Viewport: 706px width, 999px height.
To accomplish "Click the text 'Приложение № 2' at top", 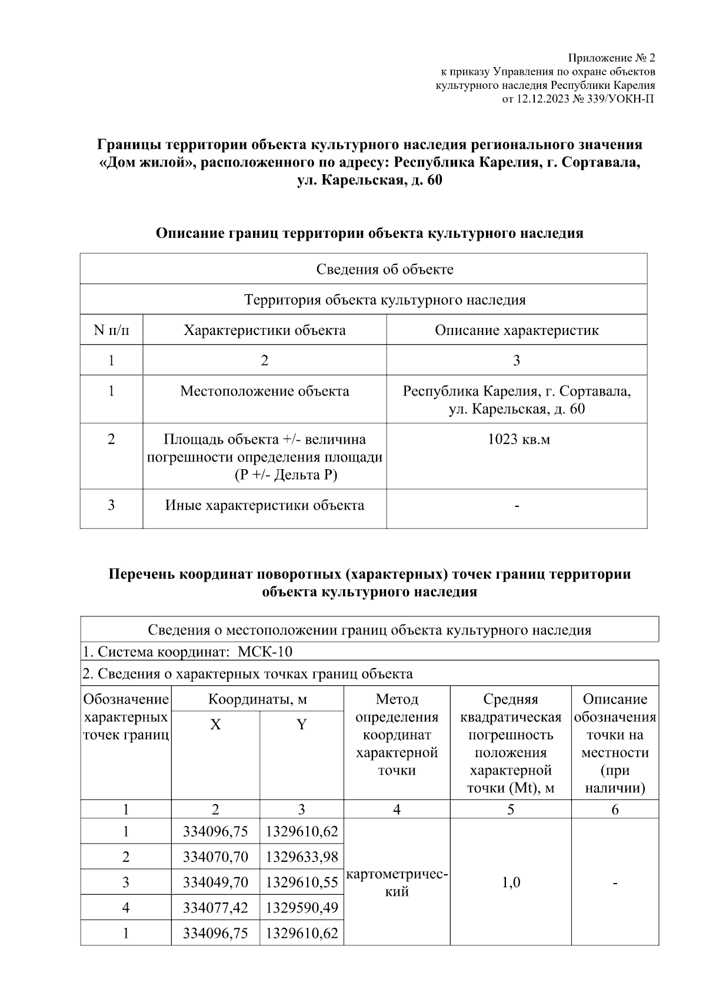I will (x=611, y=58).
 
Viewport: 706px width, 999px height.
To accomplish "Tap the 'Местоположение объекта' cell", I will (x=264, y=391).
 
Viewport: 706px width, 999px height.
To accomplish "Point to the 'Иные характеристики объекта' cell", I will (x=264, y=506).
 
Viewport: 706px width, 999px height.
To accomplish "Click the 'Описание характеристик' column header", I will (x=517, y=330).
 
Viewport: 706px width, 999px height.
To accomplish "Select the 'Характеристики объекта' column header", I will (x=264, y=330).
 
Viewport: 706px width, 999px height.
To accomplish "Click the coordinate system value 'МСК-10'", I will (x=265, y=652).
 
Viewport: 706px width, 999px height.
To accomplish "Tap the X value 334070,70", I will (x=215, y=857).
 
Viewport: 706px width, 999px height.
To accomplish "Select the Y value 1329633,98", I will (x=302, y=857).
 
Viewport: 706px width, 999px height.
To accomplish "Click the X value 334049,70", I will (x=215, y=882).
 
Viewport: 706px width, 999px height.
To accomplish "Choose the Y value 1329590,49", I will (x=302, y=908).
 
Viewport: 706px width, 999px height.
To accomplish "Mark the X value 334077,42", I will (x=215, y=908).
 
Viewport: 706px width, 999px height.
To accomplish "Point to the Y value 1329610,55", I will (x=302, y=882).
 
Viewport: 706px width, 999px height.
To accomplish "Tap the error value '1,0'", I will (x=511, y=882).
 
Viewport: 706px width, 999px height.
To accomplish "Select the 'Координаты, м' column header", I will (x=257, y=699).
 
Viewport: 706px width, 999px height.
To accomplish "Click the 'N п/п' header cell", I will (x=111, y=330).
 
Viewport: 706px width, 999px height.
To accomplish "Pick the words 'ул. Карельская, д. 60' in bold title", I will (x=369, y=181).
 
